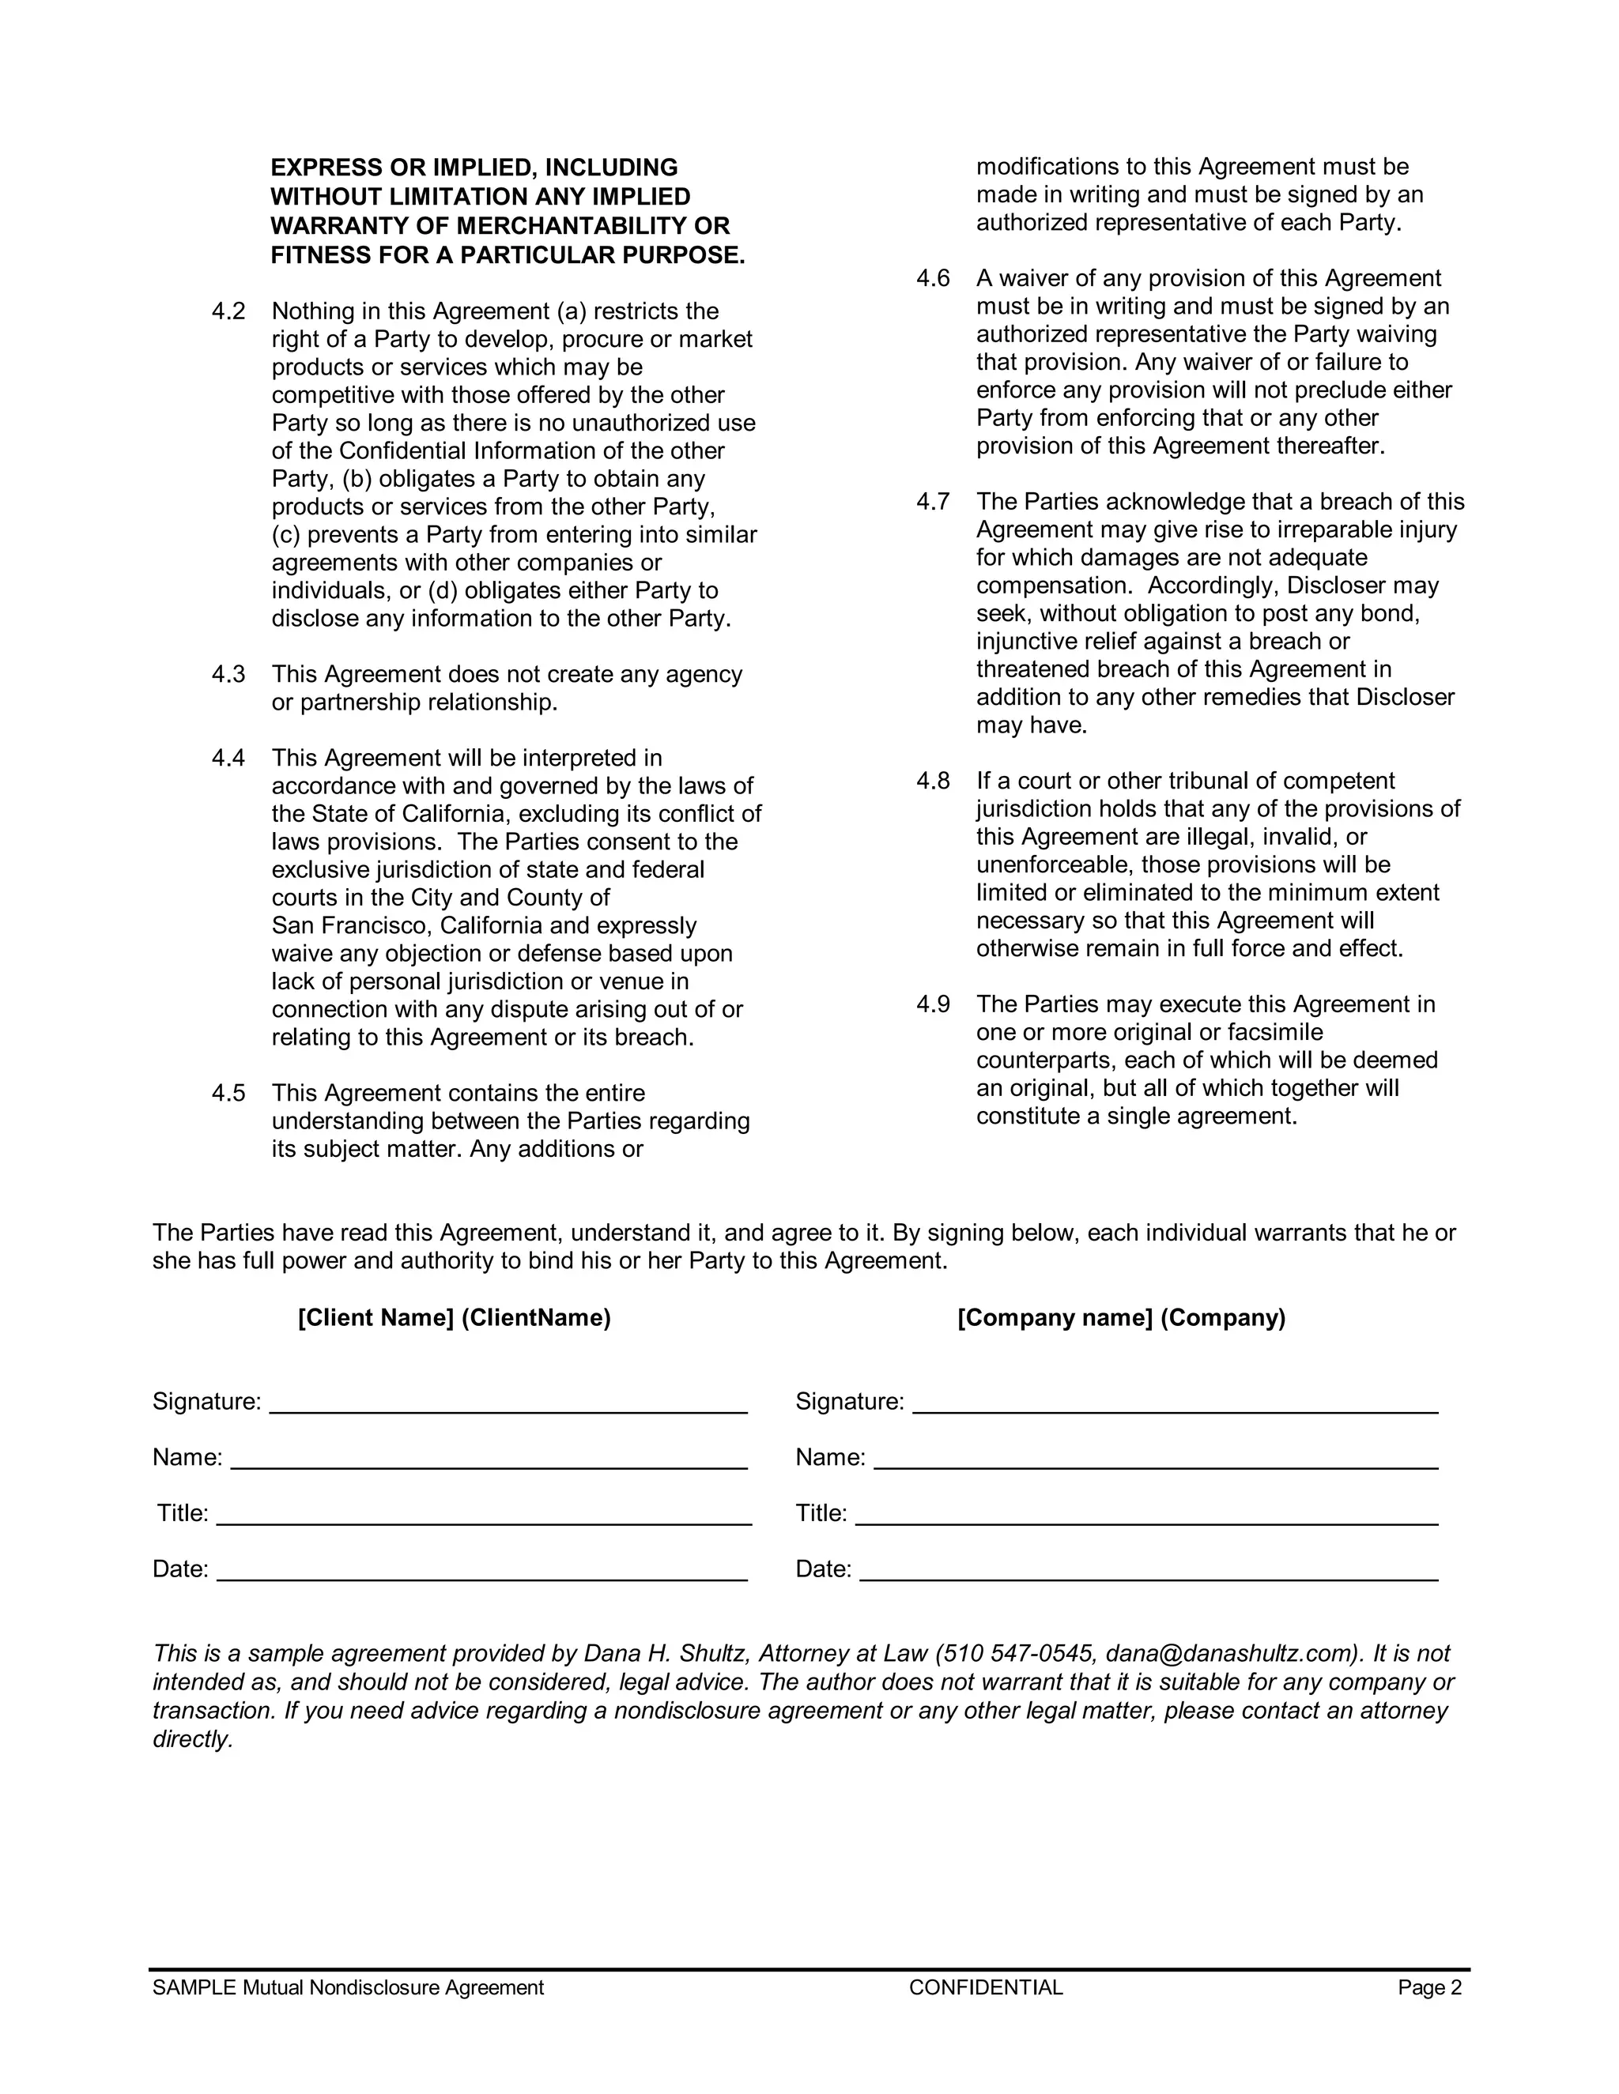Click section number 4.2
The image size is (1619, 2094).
click(228, 311)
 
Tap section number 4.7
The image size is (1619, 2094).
click(932, 502)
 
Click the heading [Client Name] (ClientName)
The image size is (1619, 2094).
click(454, 1317)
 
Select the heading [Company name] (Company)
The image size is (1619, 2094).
click(1120, 1317)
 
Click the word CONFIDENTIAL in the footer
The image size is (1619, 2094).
click(986, 1987)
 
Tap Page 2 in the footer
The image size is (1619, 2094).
click(1429, 1987)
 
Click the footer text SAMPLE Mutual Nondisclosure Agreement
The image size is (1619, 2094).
click(348, 1987)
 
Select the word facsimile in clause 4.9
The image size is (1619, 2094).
click(1274, 1033)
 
